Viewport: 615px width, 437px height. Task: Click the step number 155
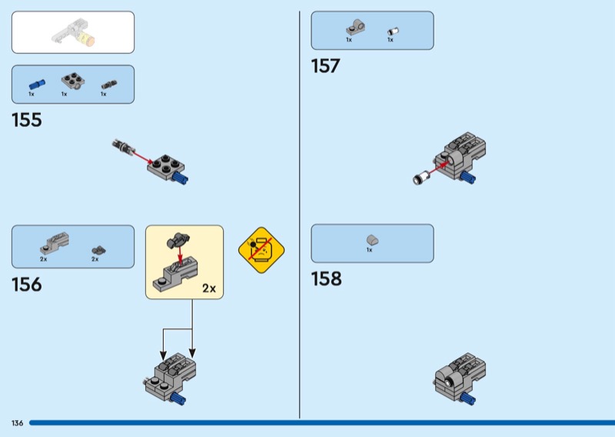pos(27,121)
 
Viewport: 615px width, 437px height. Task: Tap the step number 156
pos(27,285)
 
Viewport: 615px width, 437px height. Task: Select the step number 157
pos(325,67)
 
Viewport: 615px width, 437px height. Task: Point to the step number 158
pos(326,279)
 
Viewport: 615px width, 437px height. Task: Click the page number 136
pos(17,423)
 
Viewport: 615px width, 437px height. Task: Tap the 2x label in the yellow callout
pos(208,289)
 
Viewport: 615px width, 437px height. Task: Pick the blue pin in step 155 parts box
pos(36,83)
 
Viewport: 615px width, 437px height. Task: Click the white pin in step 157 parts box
pos(390,31)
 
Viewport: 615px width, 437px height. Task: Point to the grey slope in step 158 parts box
pos(371,240)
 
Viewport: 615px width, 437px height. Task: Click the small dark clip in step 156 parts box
pos(98,249)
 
